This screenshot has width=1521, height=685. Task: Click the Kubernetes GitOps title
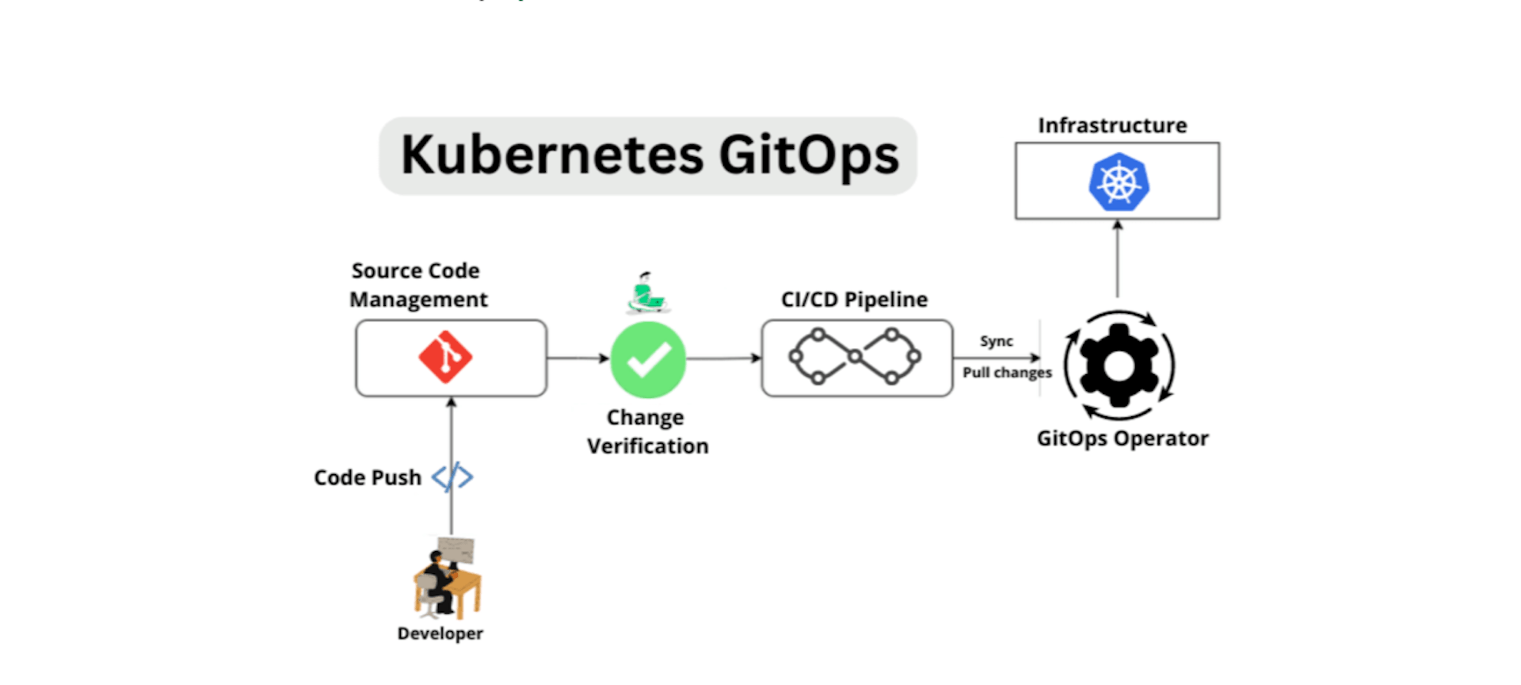(x=649, y=155)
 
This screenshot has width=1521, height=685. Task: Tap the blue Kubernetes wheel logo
(x=1118, y=182)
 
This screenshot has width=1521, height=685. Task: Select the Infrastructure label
(x=1112, y=125)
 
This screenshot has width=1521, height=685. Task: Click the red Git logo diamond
(x=445, y=358)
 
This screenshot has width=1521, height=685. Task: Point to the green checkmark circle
(x=648, y=359)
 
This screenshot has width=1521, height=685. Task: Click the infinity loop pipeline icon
(x=855, y=358)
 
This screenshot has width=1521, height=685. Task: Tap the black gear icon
(x=1119, y=365)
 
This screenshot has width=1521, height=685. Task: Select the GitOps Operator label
(x=1123, y=438)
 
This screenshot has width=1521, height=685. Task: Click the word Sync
(x=996, y=341)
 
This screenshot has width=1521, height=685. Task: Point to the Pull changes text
(x=1007, y=373)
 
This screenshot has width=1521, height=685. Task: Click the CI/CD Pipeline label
(x=854, y=300)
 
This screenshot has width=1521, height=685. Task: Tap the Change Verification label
(x=647, y=432)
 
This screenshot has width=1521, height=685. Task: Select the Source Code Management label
(x=417, y=285)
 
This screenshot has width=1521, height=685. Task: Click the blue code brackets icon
(x=452, y=477)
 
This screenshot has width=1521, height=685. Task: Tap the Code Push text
(x=368, y=477)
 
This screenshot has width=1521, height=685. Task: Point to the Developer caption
(x=440, y=633)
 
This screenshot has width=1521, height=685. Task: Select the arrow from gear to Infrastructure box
(x=1118, y=260)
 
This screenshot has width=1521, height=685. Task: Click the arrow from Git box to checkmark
(x=578, y=358)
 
